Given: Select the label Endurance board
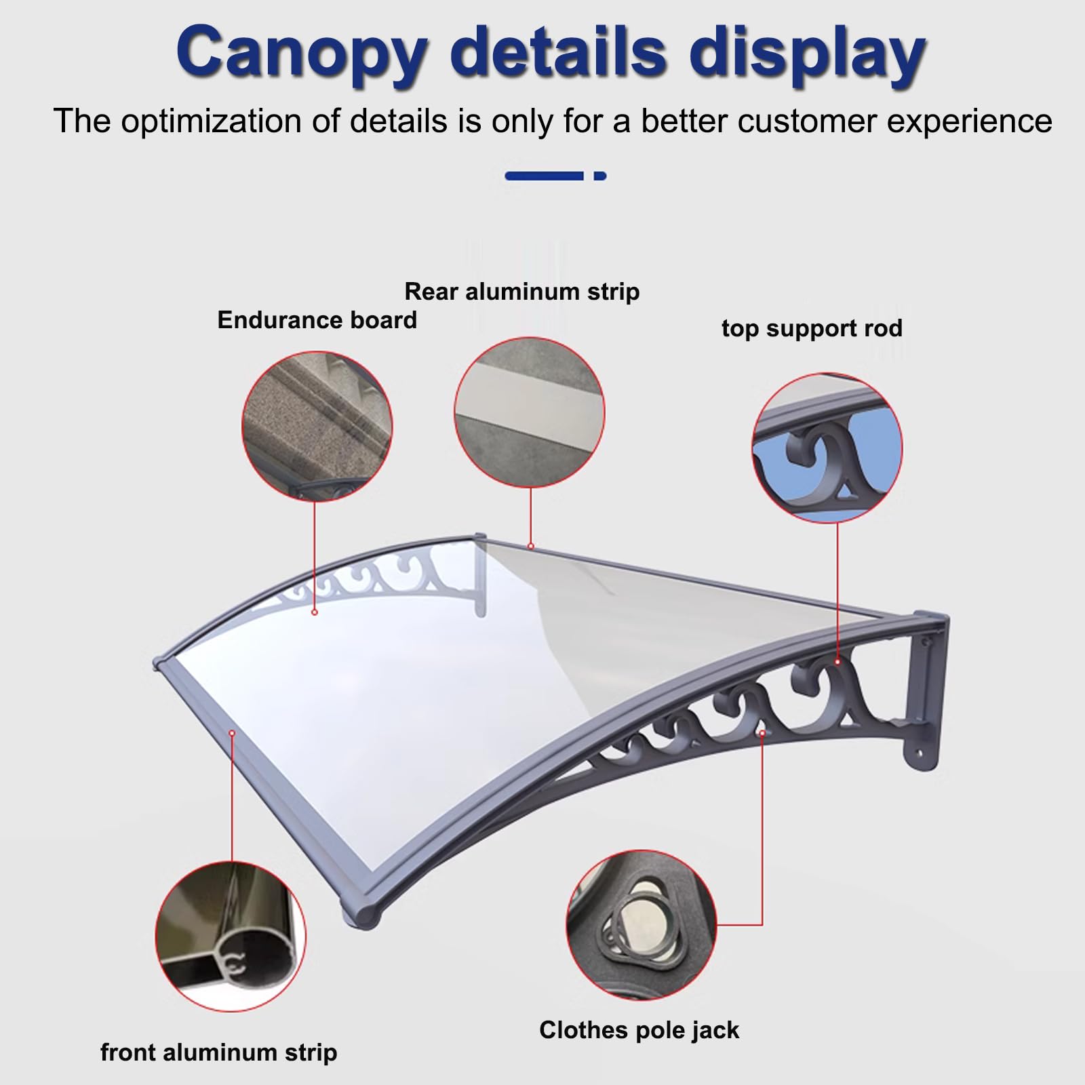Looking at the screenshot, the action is pos(317,320).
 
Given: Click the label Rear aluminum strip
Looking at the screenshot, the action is pos(522,292).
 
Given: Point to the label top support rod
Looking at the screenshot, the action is pos(812,328).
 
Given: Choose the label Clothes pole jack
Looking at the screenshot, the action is pos(639,1029).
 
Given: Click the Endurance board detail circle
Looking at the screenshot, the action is pos(317,426).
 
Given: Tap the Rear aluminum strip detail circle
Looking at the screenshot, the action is pos(530,412).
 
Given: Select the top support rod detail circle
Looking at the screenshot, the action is pos(827,447).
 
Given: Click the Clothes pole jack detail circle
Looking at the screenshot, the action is pos(641,926).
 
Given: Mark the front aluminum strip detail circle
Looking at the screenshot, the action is pos(231,936).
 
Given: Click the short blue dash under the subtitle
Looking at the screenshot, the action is pos(600,176).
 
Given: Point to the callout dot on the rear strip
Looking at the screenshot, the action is pos(531,546).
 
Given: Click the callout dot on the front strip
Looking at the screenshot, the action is pos(232,733).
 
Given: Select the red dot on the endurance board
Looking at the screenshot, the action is pos(315,612).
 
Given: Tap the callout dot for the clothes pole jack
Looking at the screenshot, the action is pos(763,733).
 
